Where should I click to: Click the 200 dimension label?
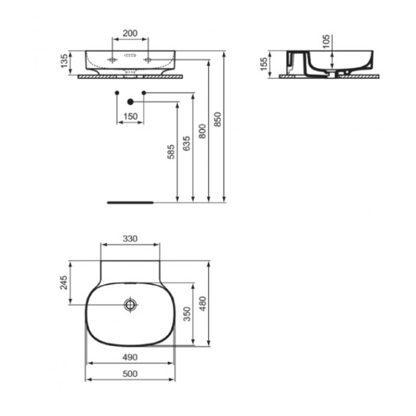coord(130,33)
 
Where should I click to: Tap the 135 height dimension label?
coord(64,61)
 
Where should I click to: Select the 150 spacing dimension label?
coord(130,116)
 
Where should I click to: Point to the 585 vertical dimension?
coord(171,152)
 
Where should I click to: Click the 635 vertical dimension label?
coord(187,144)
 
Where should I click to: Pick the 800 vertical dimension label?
coord(202,131)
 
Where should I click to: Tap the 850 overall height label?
coord(218,119)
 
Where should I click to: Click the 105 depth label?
coord(326,41)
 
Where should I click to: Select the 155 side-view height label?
coord(264,64)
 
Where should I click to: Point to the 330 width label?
coord(130,239)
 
